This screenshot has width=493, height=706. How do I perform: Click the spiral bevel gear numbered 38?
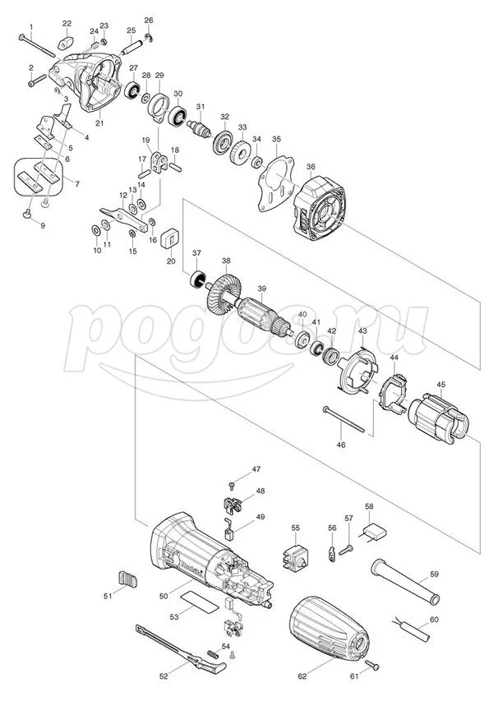coord(223,293)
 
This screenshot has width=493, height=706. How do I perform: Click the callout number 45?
coord(440,384)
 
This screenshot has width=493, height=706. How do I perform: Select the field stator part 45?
coord(438,417)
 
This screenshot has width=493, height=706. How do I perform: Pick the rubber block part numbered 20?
coord(170,238)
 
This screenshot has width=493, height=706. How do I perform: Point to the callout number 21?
coord(99,123)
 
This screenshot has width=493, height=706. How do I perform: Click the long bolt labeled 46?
coord(343,419)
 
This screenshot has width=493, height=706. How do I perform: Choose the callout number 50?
coord(163,596)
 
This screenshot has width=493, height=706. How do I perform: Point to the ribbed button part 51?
coord(127,579)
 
